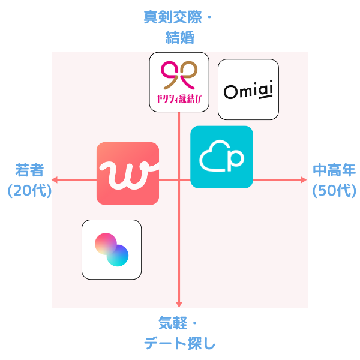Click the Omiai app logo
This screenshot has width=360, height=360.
(x=248, y=89)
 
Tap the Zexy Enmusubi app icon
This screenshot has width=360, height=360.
(x=179, y=82)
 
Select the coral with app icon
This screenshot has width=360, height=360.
(x=128, y=173)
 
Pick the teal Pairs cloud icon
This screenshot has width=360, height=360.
(x=221, y=157)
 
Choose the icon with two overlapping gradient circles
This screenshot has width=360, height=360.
(x=112, y=250)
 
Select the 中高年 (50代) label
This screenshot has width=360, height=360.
(x=334, y=180)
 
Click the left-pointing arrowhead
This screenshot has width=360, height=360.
(x=55, y=179)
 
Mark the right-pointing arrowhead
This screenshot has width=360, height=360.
(x=304, y=179)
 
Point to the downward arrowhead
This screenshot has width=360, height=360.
(x=179, y=305)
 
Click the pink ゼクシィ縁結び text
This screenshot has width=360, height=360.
(x=179, y=98)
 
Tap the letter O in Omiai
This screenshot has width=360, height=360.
(x=230, y=91)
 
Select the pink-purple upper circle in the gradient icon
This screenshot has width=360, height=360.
(x=106, y=244)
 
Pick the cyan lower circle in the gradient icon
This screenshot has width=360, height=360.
(x=118, y=256)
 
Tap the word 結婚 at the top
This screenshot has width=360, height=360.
(x=179, y=37)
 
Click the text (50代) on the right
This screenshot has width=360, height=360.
(x=334, y=191)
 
